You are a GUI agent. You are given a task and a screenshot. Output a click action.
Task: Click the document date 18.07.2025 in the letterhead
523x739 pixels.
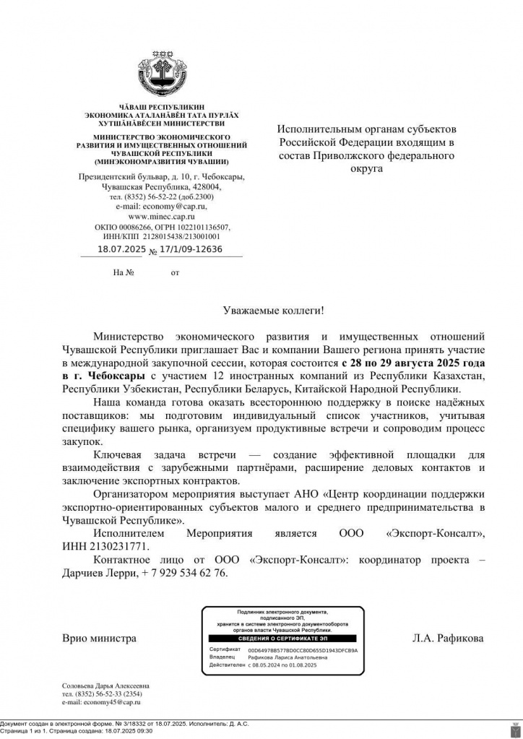pos(121,250)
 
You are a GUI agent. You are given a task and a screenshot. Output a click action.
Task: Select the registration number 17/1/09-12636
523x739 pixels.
pos(191,250)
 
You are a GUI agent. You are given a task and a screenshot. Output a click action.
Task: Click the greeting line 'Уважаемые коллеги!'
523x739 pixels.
pos(274,310)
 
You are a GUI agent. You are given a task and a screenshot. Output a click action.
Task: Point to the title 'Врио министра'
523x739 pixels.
pos(99,639)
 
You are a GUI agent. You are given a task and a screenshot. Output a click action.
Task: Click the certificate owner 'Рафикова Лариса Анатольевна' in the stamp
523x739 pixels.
pos(288,657)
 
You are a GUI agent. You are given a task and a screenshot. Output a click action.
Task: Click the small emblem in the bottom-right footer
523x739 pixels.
pos(514,727)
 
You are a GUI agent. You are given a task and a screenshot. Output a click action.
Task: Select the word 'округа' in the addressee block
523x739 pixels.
pos(366,169)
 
